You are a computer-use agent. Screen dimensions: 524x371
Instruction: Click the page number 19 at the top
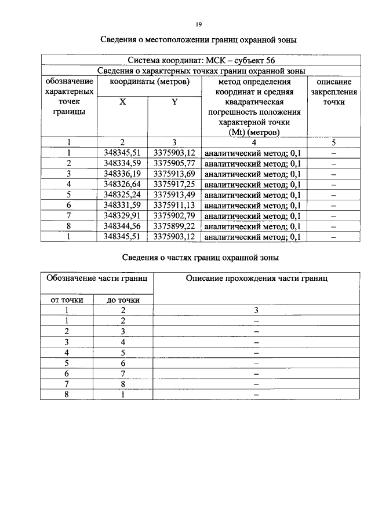[x=198, y=24]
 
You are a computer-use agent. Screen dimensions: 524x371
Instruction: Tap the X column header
[x=122, y=102]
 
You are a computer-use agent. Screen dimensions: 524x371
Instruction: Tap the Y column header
[x=174, y=102]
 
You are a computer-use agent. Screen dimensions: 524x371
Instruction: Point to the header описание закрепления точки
[x=334, y=92]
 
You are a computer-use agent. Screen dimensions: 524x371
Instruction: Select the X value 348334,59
[x=122, y=163]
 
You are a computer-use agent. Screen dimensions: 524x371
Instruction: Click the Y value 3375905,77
[x=174, y=163]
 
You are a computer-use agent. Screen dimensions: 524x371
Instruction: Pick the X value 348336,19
[x=122, y=174]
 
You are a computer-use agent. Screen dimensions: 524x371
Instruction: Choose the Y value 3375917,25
[x=174, y=184]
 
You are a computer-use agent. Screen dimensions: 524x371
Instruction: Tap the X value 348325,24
[x=122, y=195]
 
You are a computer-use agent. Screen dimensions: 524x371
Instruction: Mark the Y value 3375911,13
[x=174, y=205]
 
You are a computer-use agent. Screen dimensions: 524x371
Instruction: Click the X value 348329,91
[x=122, y=215]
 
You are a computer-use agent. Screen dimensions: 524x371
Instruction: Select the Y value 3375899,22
[x=174, y=226]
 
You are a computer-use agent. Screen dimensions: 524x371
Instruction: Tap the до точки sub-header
[x=123, y=300]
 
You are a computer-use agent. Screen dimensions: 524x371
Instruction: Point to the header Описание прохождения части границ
[x=257, y=279]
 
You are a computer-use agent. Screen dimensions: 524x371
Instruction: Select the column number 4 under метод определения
[x=254, y=142]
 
